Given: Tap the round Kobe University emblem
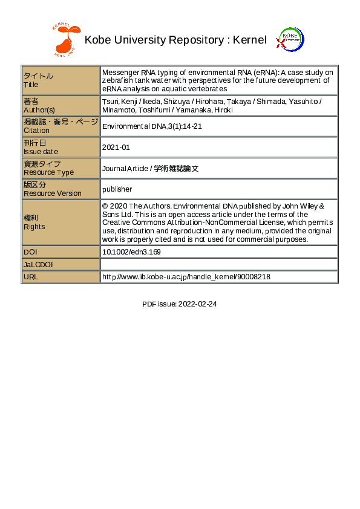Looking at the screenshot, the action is pos(290,40).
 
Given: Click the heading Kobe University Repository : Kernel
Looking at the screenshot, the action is pos(175,41).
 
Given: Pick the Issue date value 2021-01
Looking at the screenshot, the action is pos(116,147).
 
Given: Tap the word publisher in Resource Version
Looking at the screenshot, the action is pos(117,189).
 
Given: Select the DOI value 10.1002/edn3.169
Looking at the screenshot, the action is pos(131,251).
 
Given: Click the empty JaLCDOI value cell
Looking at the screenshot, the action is pos(218,264).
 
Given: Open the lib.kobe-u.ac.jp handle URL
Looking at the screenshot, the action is pos(186,276).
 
